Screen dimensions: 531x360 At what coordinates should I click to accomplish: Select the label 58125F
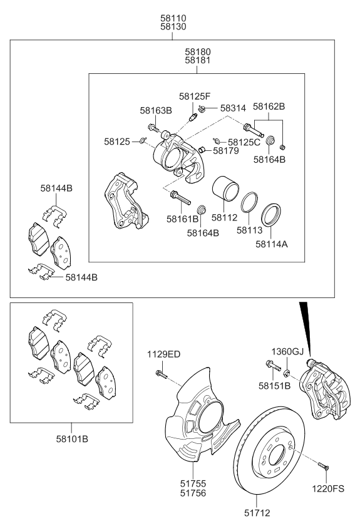point(194,96)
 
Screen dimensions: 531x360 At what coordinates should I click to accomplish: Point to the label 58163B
point(155,110)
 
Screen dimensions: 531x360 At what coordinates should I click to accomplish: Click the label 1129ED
point(165,354)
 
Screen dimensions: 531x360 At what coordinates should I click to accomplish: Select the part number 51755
point(193,483)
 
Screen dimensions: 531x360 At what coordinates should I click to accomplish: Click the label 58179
point(226,150)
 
